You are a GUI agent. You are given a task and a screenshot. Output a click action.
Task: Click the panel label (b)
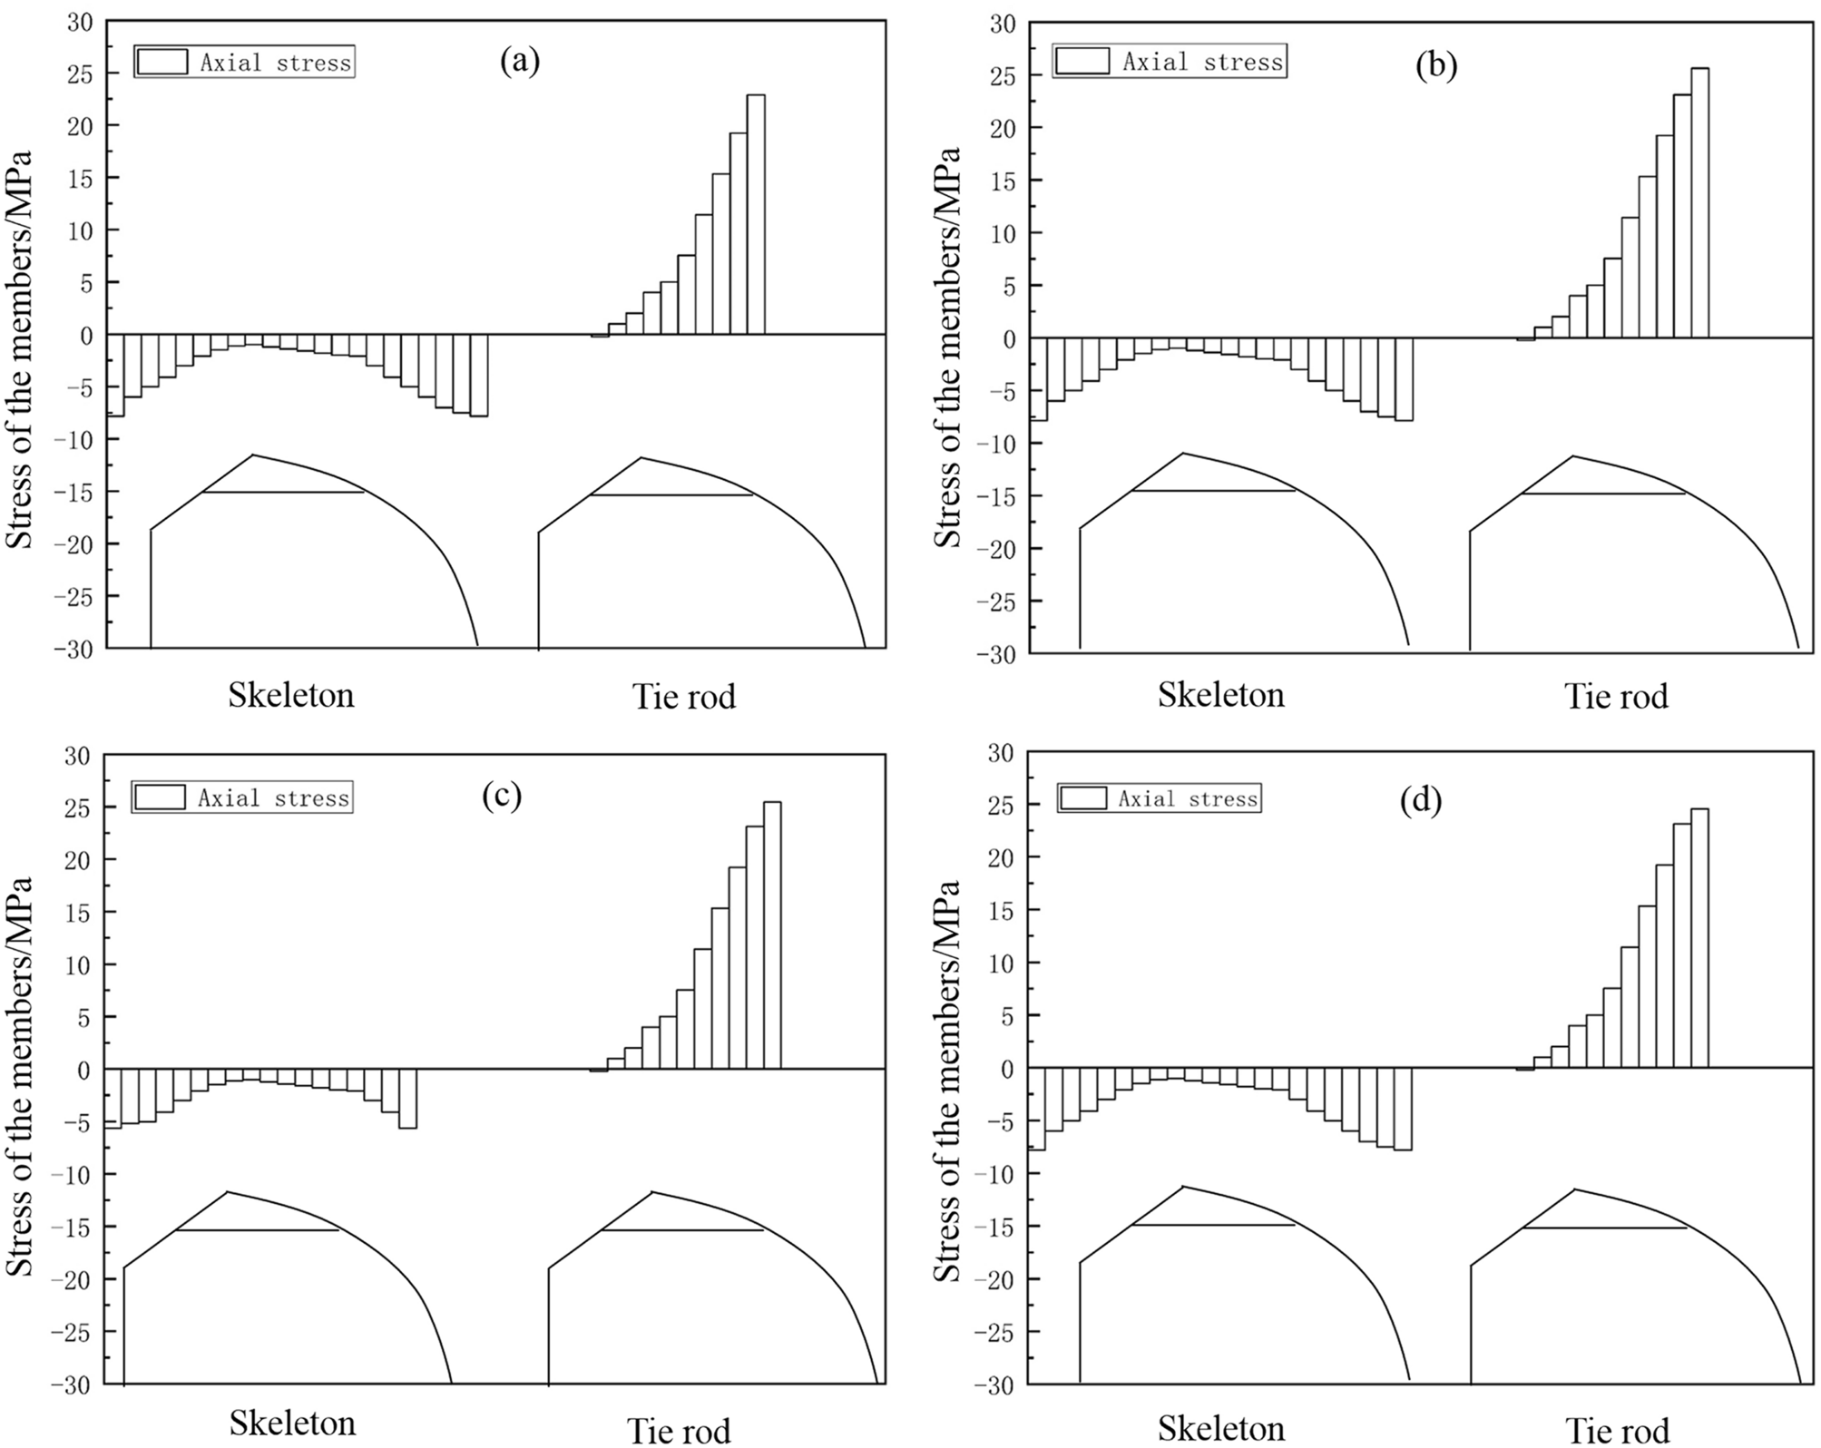1436,66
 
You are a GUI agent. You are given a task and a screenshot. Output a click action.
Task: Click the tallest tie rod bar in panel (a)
755,214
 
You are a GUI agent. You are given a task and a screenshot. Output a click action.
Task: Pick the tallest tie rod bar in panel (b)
1699,203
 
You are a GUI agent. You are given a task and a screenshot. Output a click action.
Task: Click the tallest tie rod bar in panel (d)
1699,938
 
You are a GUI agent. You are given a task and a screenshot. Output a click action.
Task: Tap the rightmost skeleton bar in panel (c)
407,1098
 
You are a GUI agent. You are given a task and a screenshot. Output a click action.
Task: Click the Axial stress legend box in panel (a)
162,62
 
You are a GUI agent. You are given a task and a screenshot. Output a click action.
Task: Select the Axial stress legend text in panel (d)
1188,799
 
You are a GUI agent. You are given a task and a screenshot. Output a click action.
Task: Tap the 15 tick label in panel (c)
78,912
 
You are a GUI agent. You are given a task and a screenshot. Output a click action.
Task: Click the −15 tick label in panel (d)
995,1227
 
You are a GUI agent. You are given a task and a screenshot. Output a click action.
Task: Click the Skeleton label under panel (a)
290,695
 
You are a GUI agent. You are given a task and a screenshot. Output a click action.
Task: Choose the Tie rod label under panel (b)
1616,697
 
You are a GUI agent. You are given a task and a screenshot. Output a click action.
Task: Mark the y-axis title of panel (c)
20,1076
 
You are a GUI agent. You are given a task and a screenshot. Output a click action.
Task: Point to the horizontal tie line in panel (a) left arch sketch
282,493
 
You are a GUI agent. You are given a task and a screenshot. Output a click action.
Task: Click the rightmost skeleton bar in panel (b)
1404,379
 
